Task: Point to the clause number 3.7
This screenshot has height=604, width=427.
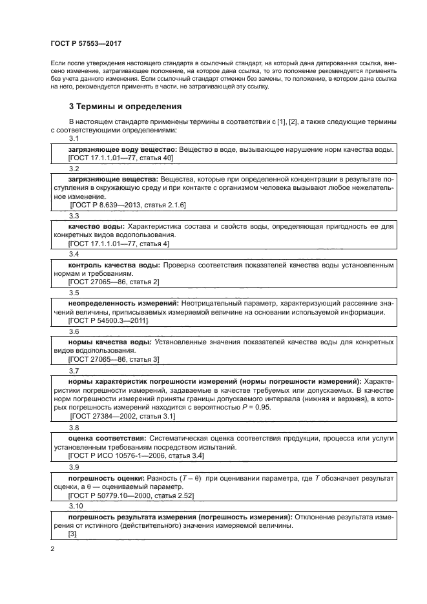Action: pyautogui.click(x=74, y=371)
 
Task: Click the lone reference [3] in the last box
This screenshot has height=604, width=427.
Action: pyautogui.click(x=72, y=534)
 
